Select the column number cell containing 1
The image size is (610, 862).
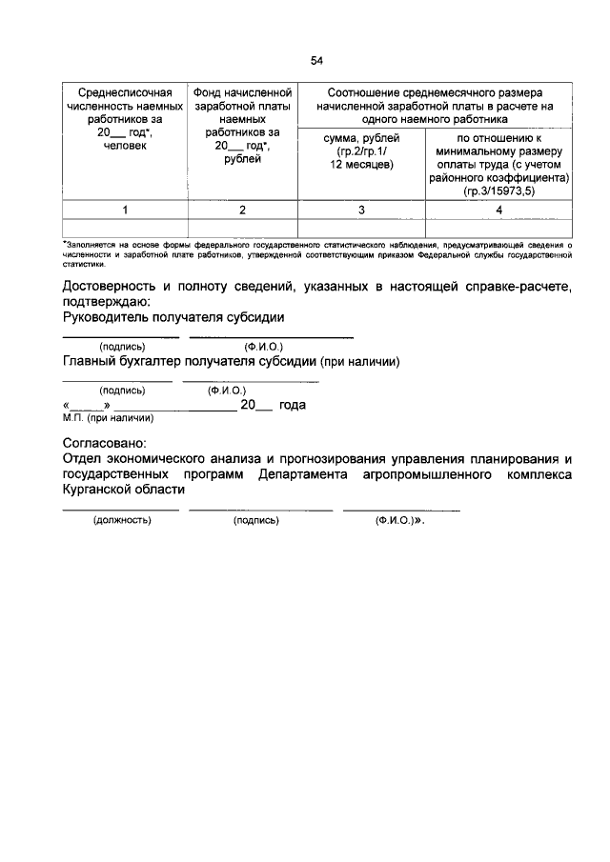coord(124,209)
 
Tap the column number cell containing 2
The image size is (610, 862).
coord(242,209)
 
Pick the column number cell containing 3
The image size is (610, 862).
coord(361,209)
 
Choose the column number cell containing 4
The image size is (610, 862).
coord(498,209)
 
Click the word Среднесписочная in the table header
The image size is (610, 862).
coord(124,93)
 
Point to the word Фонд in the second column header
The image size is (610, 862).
coord(210,93)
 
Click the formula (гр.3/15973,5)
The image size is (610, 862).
coord(499,190)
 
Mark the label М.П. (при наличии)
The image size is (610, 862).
coord(107,417)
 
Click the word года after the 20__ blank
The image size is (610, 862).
coord(292,405)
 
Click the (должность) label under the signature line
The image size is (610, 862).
coord(121,521)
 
